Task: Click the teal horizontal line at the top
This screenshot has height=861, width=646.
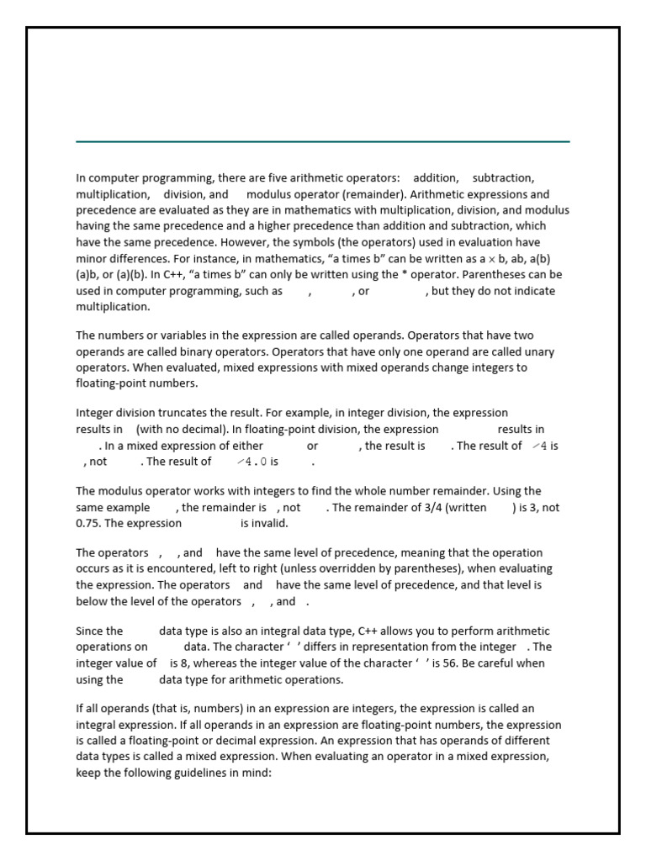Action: [x=323, y=141]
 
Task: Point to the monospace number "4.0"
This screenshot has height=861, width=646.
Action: [x=258, y=462]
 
